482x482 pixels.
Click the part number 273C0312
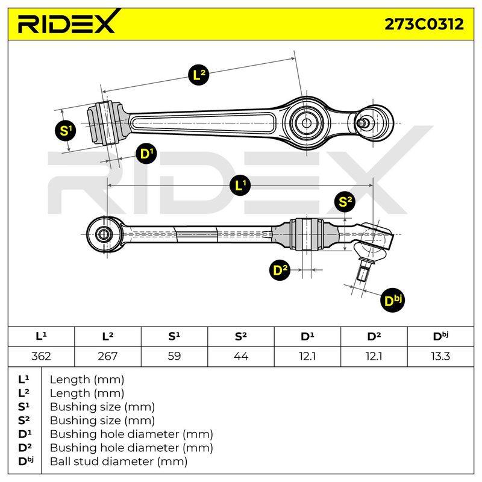424,24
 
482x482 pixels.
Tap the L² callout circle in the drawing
199,75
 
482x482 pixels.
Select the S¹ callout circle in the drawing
66,130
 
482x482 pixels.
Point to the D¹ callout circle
146,153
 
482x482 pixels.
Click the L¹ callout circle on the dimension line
240,186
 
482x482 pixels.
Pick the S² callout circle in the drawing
345,202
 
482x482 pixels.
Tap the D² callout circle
280,270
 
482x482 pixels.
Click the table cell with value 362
41,356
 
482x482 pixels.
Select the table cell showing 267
108,356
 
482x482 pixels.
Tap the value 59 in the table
174,356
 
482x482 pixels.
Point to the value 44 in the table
240,356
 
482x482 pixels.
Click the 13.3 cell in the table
440,356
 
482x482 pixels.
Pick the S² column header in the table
240,337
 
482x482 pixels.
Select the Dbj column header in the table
440,337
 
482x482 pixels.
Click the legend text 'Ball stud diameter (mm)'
119,462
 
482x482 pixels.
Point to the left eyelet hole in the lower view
104,234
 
